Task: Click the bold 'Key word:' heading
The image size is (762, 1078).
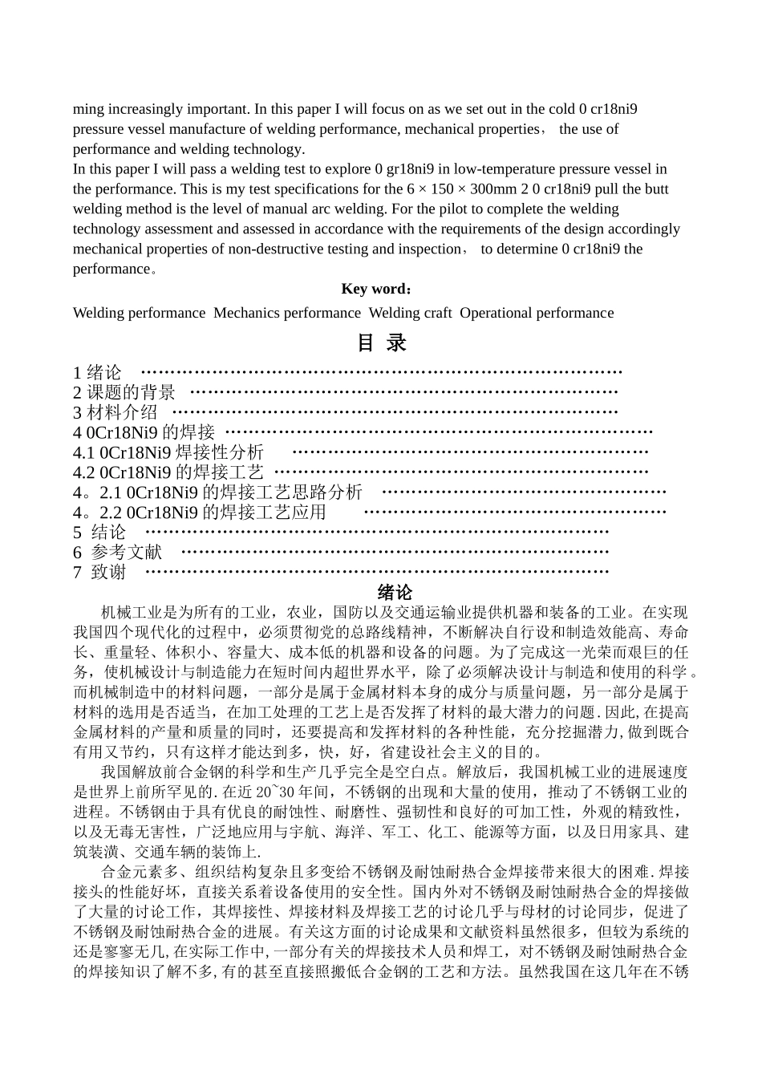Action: coord(377,289)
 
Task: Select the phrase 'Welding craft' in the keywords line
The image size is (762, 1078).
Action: coord(410,313)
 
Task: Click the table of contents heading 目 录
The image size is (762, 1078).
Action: coord(381,343)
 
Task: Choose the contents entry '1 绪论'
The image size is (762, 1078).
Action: coord(97,372)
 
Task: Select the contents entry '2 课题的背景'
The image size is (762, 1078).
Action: coord(124,392)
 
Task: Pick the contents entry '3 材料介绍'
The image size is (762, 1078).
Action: coord(116,412)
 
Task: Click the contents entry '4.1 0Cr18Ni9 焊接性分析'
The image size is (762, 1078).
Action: coord(168,452)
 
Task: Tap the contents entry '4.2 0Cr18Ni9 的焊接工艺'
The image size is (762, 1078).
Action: coord(168,472)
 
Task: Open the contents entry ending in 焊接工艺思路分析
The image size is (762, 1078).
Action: coord(217,492)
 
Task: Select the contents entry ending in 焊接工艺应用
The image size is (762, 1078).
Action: coord(200,512)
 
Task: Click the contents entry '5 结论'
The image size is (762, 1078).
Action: coord(99,532)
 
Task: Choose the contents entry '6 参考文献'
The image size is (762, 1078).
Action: coord(117,552)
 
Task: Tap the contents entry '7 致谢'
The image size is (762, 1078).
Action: coord(99,572)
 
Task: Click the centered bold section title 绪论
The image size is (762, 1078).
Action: coord(395,593)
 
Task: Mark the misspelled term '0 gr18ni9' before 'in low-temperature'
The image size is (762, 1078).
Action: coord(404,169)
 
